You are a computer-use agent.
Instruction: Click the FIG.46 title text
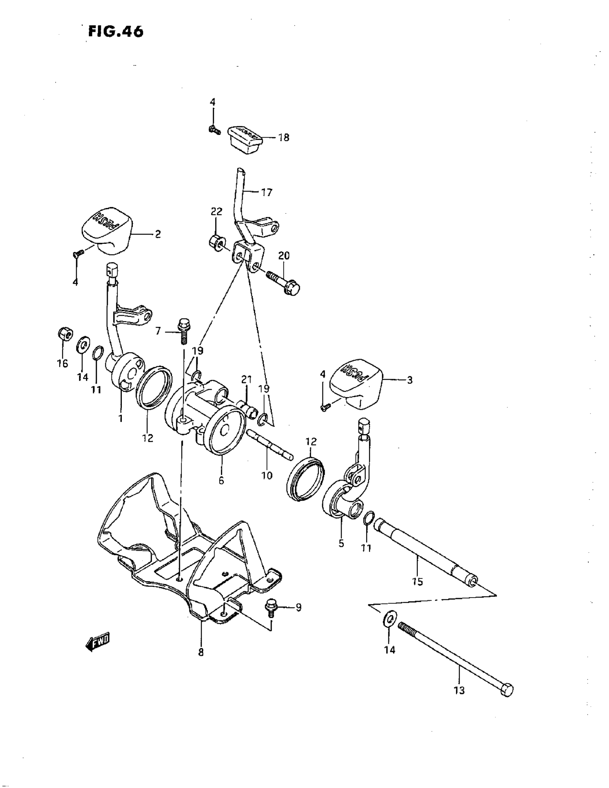[x=115, y=32]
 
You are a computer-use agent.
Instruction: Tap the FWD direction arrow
[x=97, y=640]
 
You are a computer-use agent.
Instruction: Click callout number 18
[x=284, y=137]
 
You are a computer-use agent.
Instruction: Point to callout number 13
[x=459, y=691]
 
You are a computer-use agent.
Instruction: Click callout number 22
[x=217, y=212]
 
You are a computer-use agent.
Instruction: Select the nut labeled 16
[x=65, y=333]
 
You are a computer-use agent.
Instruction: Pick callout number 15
[x=417, y=582]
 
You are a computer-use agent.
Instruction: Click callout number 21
[x=246, y=379]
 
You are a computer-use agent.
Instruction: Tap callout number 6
[x=221, y=480]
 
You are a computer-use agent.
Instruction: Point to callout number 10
[x=267, y=475]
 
